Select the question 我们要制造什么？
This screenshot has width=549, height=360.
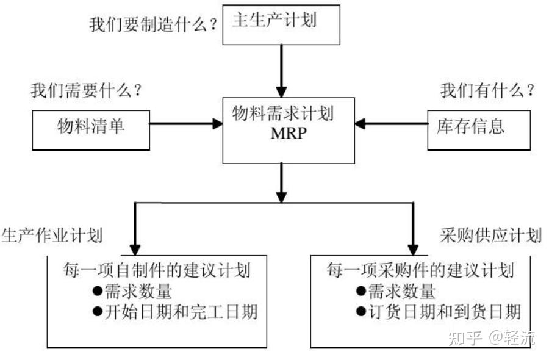tap(153, 25)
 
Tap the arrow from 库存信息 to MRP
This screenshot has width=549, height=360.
tap(391, 124)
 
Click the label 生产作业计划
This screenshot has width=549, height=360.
tap(52, 236)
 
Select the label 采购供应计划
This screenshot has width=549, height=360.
tap(490, 236)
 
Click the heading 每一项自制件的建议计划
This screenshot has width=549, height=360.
tap(157, 270)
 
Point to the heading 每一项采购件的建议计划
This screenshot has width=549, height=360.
tap(420, 270)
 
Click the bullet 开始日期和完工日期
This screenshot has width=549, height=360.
tap(174, 312)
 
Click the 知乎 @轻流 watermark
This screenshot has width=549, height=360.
tap(491, 337)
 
